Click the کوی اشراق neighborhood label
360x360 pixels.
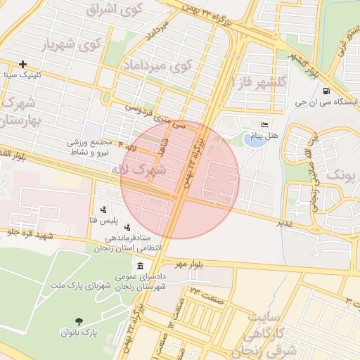point(114,11)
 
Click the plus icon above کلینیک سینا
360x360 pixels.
point(23,63)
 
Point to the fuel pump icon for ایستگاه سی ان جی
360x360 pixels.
point(326,91)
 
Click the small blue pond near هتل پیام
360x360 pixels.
point(250,139)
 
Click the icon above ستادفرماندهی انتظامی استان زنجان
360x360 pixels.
point(128,227)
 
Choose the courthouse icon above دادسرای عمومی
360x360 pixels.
point(141,266)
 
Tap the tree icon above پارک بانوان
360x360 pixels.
point(78,320)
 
